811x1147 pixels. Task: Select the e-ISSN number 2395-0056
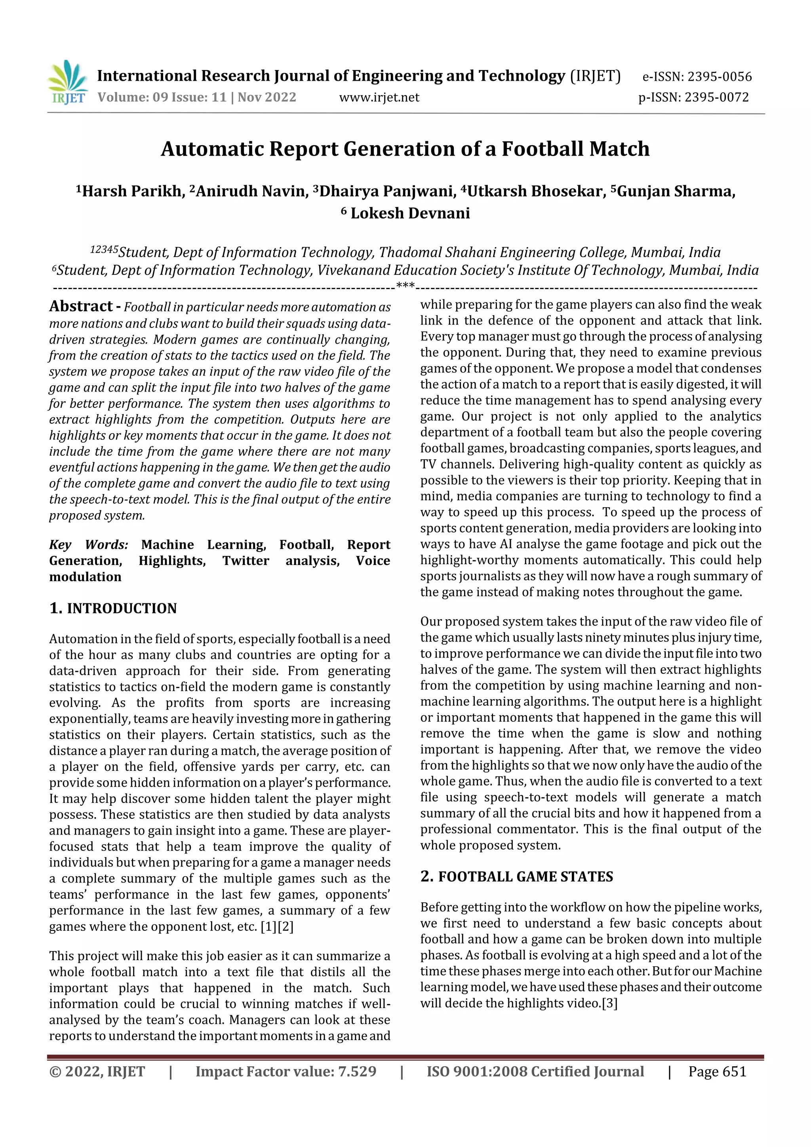719,76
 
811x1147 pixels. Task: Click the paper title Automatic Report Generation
405,149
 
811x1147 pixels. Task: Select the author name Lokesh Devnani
410,213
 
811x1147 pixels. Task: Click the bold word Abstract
81,306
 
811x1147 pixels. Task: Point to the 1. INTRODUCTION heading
113,608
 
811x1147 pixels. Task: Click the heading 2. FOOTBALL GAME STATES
516,876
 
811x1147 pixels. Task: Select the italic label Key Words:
88,544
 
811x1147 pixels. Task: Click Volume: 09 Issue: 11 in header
162,97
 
